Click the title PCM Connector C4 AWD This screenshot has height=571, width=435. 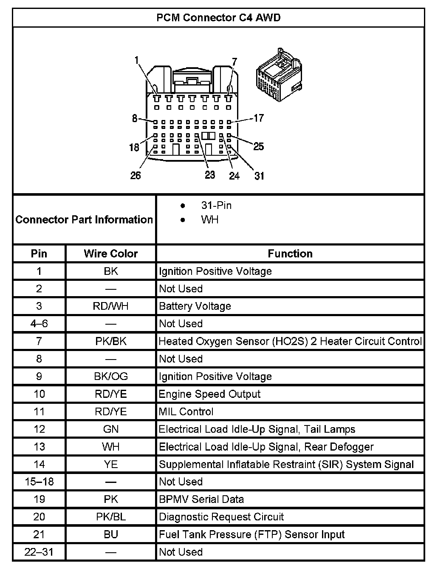(x=218, y=18)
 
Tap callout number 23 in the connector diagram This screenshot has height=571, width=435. (x=210, y=175)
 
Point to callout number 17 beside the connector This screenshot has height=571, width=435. (x=258, y=118)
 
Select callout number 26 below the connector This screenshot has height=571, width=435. (x=136, y=175)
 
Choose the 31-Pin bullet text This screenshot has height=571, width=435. (x=216, y=206)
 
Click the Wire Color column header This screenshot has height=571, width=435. (x=111, y=254)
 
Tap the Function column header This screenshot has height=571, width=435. (x=290, y=254)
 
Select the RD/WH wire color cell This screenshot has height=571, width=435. (x=111, y=306)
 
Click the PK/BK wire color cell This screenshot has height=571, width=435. (x=111, y=341)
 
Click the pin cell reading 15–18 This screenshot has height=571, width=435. (x=39, y=482)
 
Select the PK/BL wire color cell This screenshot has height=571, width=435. (x=111, y=517)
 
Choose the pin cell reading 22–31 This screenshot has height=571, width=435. (x=39, y=552)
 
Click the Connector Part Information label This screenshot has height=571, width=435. (x=84, y=220)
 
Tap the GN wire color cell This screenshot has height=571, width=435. (x=111, y=429)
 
